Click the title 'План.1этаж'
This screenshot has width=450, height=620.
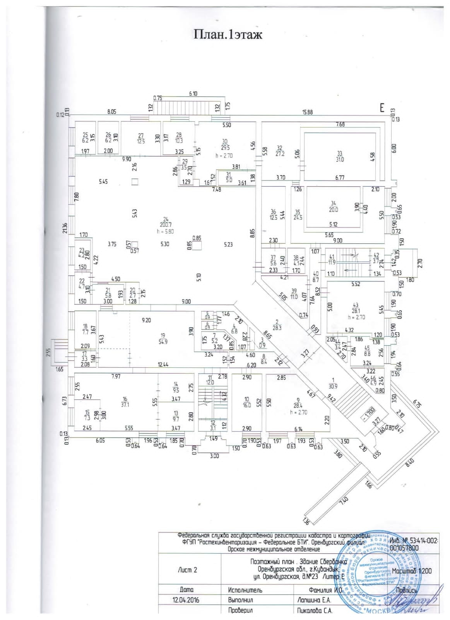coord(228,35)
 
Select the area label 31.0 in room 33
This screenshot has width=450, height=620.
coord(340,159)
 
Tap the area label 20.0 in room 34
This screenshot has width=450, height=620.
coord(333,209)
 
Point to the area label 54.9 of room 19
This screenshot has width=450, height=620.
coord(163,342)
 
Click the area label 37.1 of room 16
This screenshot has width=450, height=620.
coord(125,404)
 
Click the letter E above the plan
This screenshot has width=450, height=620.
coord(382,108)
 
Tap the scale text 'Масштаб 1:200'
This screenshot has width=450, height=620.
coord(411,571)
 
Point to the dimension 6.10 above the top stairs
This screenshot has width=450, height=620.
coord(193,93)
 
